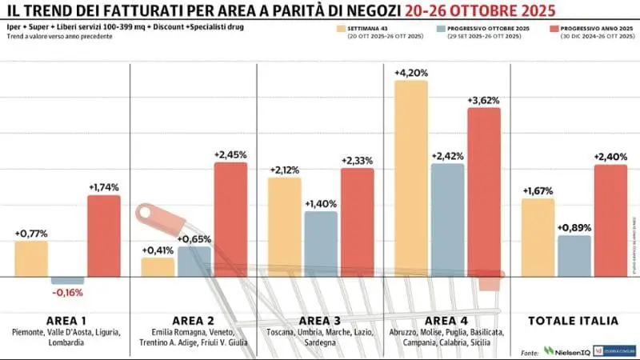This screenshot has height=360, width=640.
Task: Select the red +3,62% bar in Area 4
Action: click(x=483, y=192)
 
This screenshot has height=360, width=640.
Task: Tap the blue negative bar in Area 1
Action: click(x=67, y=281)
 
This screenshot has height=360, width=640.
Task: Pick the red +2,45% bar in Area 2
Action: click(x=230, y=219)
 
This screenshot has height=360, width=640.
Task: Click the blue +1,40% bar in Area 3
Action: click(x=320, y=244)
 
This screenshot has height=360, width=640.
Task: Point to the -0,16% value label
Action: click(x=67, y=293)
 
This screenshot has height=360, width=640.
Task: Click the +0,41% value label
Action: click(x=158, y=250)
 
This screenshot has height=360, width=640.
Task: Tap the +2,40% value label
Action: click(x=610, y=157)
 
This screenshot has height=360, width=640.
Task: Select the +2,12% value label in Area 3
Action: click(x=284, y=170)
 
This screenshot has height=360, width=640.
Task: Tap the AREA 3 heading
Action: click(x=321, y=320)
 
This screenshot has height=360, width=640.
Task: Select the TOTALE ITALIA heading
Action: click(x=574, y=320)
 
